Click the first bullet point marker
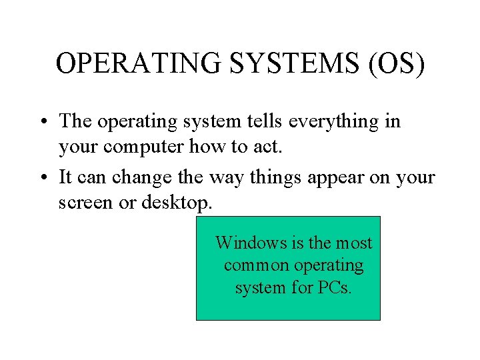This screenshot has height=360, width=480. [42, 122]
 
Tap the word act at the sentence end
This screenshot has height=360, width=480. [269, 147]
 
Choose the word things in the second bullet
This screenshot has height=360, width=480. [264, 178]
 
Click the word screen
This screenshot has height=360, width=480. [86, 203]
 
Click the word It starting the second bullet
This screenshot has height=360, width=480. [65, 178]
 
